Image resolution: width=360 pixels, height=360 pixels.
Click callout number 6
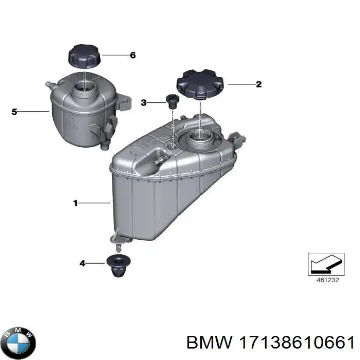[x=133, y=55]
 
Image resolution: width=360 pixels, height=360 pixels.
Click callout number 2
[x=259, y=84]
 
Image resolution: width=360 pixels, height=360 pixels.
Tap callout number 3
[x=143, y=102]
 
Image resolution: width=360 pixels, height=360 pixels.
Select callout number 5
[x=14, y=112]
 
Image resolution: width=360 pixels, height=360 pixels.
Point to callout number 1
[x=76, y=203]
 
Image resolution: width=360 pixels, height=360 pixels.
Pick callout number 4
[x=82, y=263]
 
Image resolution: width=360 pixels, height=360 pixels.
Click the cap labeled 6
[x=85, y=56]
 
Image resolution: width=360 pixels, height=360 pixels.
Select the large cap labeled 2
[x=199, y=84]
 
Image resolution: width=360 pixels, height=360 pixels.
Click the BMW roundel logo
[x=20, y=343]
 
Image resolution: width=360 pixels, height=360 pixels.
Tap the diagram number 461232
[x=328, y=280]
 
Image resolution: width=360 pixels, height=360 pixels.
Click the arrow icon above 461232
[x=326, y=264]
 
